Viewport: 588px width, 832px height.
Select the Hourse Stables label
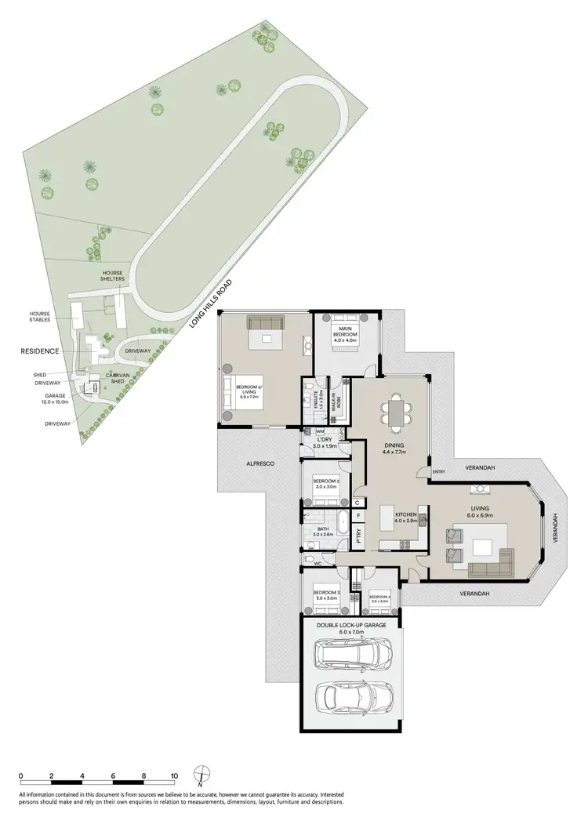coord(40,316)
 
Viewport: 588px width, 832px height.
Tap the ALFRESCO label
coord(260,464)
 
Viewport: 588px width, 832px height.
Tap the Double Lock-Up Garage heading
coord(351,625)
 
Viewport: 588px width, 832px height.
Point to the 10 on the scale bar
coord(174,777)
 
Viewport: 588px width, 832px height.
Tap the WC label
coord(318,562)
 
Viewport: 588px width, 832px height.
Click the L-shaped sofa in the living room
coord(490,561)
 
